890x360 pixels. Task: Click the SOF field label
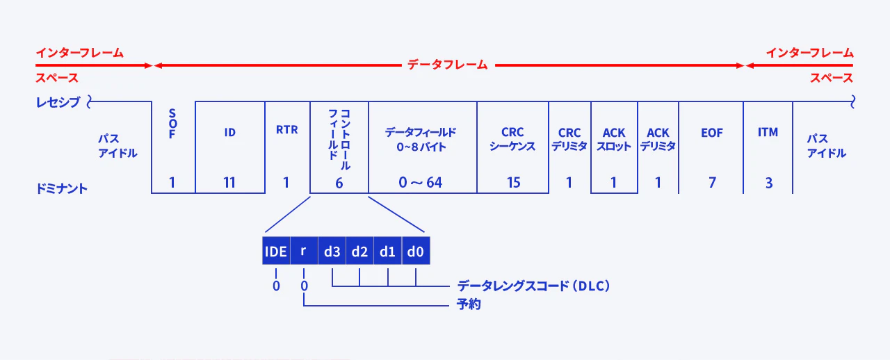172,124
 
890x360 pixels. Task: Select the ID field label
229,132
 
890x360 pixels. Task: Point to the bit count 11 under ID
229,183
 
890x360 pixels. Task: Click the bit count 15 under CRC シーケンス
513,183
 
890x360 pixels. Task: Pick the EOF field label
711,132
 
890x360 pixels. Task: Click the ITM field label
768,132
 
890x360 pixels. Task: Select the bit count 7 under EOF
711,183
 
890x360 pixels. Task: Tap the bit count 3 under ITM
768,183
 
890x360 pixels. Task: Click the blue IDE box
275,251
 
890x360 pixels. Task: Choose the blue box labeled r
303,251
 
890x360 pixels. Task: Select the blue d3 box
332,251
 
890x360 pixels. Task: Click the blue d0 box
416,251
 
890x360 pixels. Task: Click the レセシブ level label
58,103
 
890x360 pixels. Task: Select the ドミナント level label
62,188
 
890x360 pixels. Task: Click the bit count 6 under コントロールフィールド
339,183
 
